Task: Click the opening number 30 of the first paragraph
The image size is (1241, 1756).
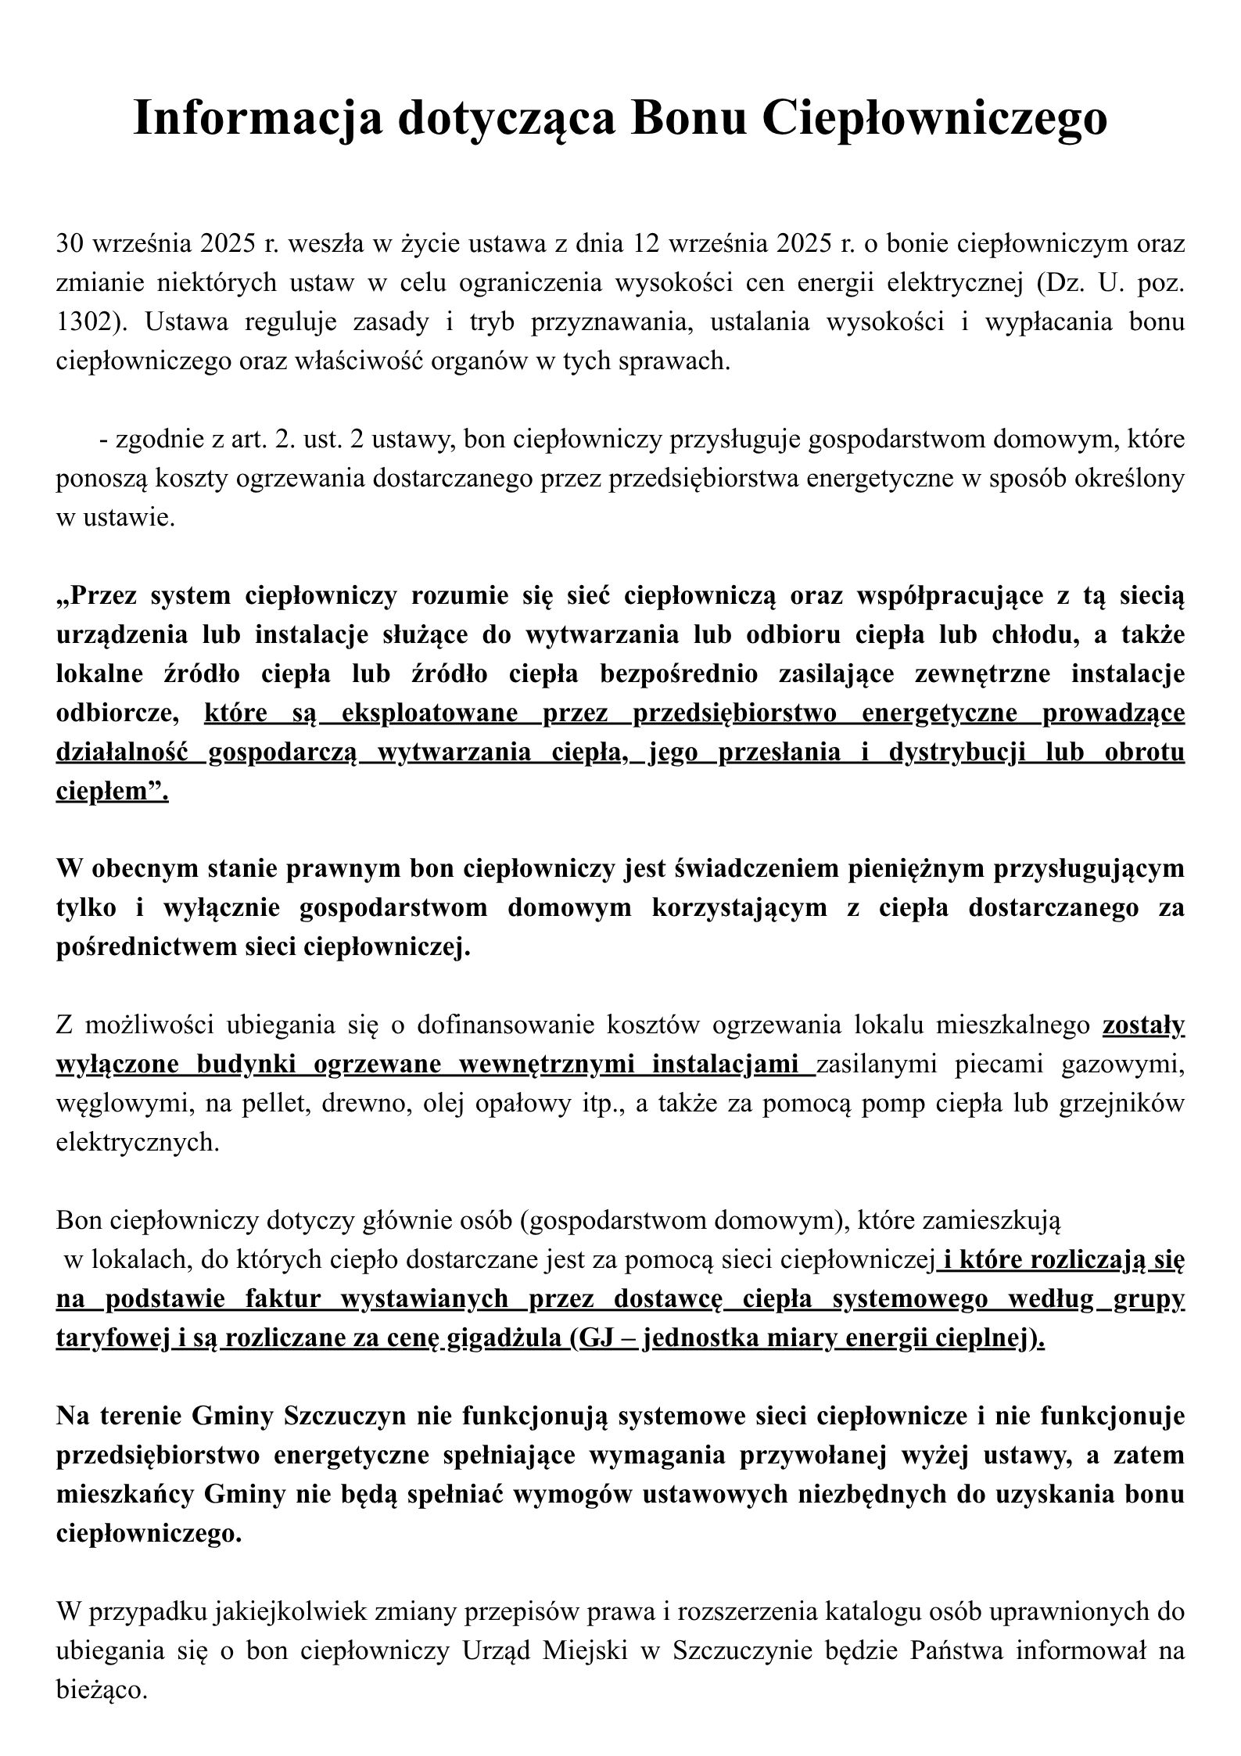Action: pyautogui.click(x=71, y=244)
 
